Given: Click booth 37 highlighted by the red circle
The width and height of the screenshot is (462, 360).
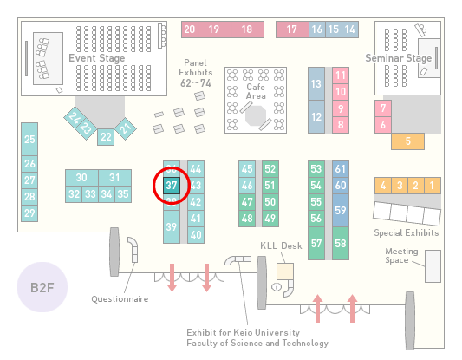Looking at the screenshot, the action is tap(172, 186).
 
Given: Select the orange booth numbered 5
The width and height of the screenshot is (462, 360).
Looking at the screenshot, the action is tap(407, 141).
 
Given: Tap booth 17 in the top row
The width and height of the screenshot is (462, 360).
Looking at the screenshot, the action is tap(292, 29).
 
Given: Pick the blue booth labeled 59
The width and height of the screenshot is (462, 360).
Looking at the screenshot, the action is tap(341, 210).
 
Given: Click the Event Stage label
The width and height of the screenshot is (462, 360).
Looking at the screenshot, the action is tap(96, 58).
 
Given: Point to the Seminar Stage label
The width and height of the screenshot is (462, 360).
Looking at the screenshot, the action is tap(399, 58).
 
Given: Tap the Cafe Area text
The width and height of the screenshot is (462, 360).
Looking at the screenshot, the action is tap(256, 91).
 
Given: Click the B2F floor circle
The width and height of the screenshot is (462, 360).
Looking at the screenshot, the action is tap(42, 287).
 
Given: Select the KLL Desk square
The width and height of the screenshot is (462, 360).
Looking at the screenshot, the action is tap(285, 272).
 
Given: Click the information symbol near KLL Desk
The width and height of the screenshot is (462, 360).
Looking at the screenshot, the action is tap(277, 286).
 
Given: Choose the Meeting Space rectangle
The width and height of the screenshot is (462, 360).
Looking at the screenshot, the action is tap(433, 266).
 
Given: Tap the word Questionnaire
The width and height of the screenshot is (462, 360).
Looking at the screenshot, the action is tap(120, 299).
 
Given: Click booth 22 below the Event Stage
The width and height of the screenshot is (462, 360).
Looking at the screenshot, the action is tap(106, 137).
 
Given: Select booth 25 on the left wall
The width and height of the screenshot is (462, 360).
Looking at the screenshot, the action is tap(29, 139).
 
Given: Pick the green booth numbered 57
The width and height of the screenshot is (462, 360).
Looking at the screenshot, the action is tap(316, 243).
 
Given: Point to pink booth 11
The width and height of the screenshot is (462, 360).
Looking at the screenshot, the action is tap(341, 75).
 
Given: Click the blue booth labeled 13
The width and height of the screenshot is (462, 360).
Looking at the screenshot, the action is tap(316, 84).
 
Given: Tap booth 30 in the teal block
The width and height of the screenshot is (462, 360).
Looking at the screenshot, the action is tap(81, 178).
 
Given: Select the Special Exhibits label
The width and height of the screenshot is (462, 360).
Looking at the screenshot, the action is tap(407, 233).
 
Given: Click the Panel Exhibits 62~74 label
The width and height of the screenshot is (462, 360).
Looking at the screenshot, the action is tap(196, 73).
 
